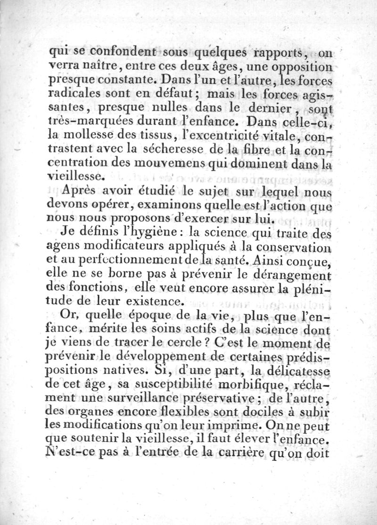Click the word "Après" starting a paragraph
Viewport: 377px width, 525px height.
click(x=78, y=192)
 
